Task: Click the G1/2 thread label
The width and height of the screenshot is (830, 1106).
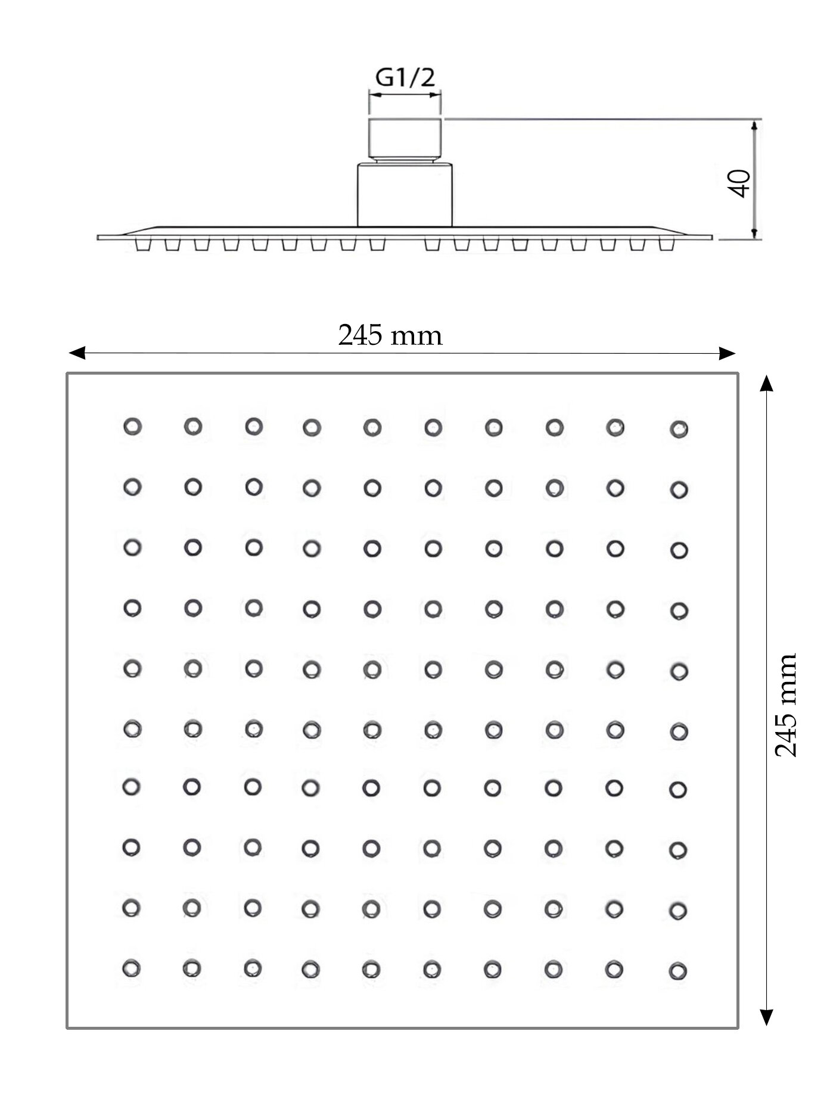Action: click(x=405, y=78)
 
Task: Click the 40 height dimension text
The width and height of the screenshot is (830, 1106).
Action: click(x=739, y=183)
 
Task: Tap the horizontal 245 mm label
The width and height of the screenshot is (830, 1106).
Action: click(x=390, y=335)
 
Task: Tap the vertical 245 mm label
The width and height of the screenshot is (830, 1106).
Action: click(x=785, y=705)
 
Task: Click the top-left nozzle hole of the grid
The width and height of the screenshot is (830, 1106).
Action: click(x=132, y=426)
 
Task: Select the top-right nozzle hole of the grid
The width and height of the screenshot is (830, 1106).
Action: click(x=679, y=429)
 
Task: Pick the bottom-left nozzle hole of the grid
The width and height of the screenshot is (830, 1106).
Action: click(x=131, y=968)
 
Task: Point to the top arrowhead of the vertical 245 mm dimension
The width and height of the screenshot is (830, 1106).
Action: click(x=767, y=384)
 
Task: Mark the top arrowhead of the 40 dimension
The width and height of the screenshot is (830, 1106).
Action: click(x=755, y=125)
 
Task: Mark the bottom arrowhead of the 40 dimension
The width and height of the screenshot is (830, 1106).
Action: click(x=755, y=233)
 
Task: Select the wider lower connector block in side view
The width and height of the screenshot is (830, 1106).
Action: click(x=405, y=195)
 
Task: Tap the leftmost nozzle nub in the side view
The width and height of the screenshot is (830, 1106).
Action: click(x=143, y=245)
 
